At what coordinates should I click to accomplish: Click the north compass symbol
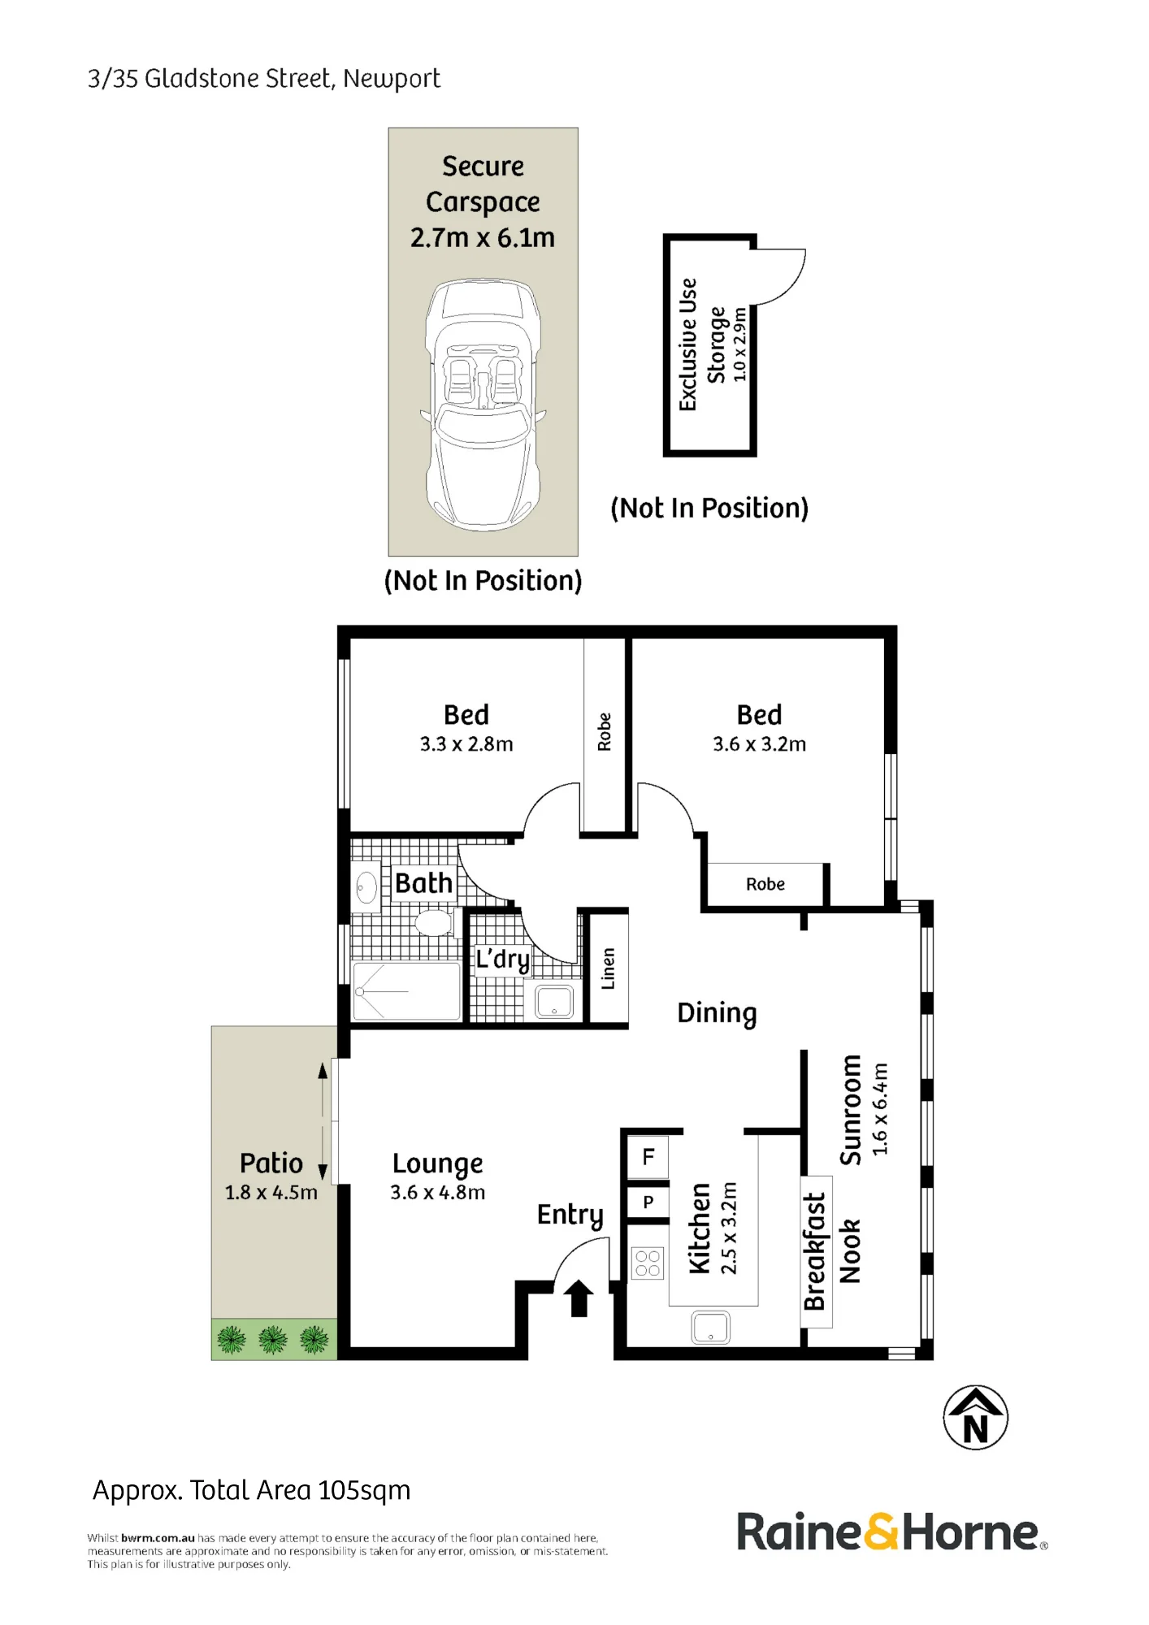[975, 1417]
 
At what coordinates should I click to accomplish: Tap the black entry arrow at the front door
[579, 1298]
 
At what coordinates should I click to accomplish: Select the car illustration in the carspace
[483, 405]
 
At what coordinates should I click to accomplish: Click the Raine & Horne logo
[891, 1532]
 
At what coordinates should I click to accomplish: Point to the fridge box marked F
[648, 1156]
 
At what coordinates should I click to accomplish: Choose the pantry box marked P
[648, 1202]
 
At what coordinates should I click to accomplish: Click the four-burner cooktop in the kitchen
[648, 1263]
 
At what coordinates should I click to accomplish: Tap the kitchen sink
[710, 1328]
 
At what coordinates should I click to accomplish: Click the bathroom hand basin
[366, 887]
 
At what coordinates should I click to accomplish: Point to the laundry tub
[554, 1001]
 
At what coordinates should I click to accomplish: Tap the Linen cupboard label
[608, 968]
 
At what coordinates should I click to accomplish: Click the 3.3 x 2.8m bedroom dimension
[466, 744]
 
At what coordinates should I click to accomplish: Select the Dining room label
[717, 1013]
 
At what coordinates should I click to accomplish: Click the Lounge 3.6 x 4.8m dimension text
[438, 1192]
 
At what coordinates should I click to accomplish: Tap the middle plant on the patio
[273, 1339]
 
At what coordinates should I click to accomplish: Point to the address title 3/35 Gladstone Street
[264, 79]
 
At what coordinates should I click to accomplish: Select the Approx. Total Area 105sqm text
[252, 1490]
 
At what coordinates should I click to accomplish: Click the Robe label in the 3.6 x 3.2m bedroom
[765, 884]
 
